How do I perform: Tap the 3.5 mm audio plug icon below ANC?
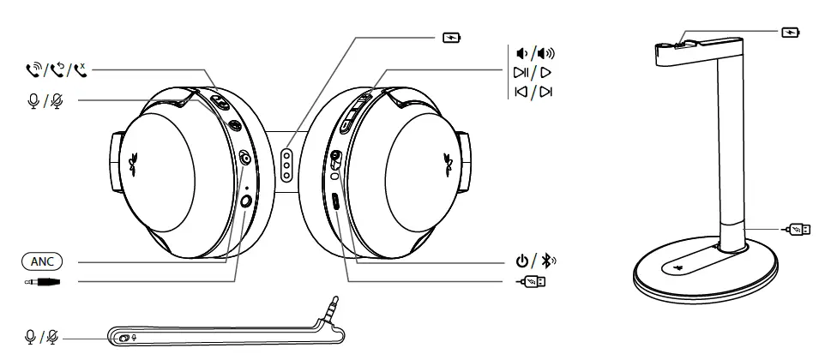click(x=43, y=281)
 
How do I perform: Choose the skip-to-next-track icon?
click(x=545, y=92)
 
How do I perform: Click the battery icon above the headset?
click(x=450, y=39)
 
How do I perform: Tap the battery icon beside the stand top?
click(x=790, y=33)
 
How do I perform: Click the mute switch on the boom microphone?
click(x=125, y=338)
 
